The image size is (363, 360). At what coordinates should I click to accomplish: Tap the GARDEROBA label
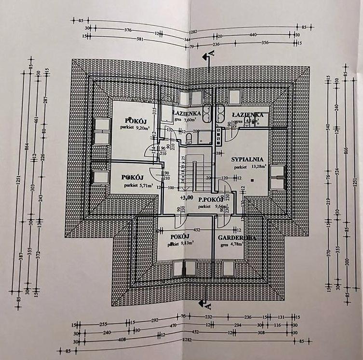click(236, 238)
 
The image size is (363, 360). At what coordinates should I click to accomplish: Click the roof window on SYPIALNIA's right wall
click(278, 178)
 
